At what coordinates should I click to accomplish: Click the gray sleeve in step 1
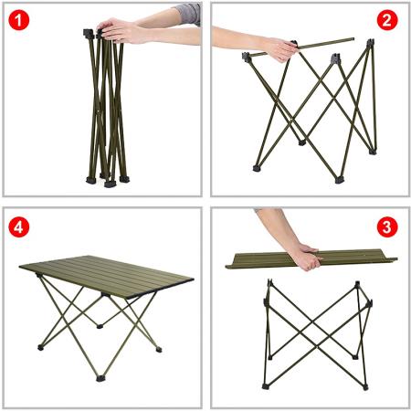click(x=186, y=13)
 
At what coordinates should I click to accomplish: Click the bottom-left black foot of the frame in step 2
click(x=256, y=168)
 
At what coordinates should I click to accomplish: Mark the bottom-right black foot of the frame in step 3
click(x=364, y=386)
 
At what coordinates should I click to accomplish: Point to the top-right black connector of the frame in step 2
click(x=368, y=46)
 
